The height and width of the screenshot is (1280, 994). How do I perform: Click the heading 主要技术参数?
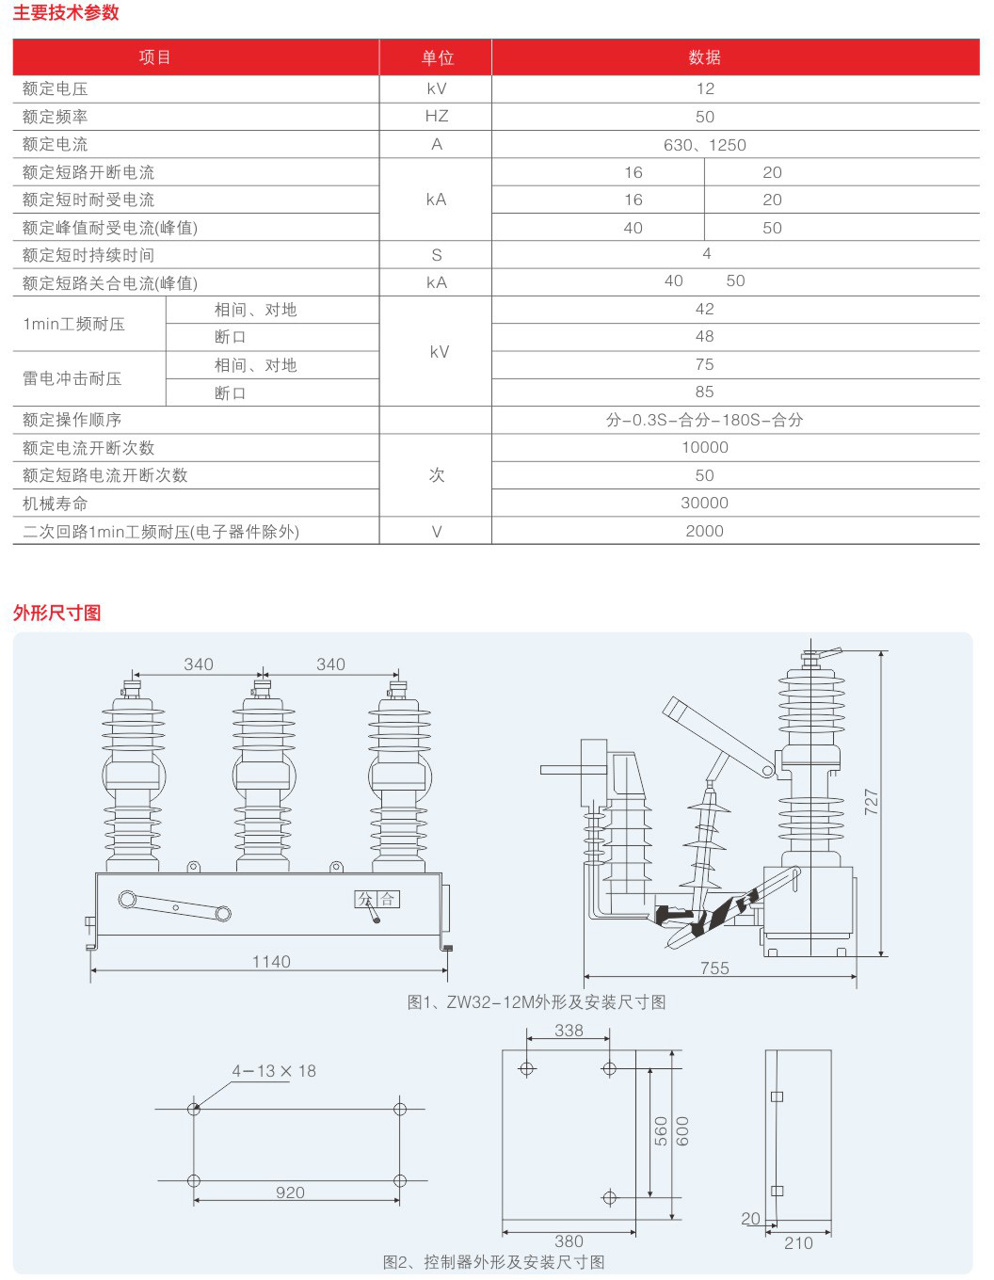point(66,13)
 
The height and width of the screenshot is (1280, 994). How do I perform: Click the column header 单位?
point(437,57)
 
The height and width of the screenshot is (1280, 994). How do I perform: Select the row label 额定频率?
point(56,117)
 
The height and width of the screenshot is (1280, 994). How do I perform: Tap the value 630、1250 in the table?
point(704,145)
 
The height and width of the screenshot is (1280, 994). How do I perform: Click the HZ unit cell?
point(436,116)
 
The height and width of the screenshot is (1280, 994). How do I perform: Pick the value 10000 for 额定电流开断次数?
point(704,448)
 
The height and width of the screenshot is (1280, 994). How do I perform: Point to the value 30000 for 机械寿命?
point(704,504)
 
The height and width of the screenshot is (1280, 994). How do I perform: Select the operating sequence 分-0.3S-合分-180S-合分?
point(704,420)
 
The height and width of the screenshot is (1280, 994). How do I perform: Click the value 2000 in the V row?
point(704,532)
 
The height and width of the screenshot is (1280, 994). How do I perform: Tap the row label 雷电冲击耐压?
point(72,379)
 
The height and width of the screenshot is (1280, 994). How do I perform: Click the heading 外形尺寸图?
point(56,613)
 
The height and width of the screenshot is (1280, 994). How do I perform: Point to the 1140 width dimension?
point(271,962)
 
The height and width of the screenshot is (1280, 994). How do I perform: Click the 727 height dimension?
point(872,802)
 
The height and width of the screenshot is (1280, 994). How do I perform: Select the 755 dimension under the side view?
point(714,968)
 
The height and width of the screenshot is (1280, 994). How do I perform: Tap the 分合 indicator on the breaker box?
point(377,900)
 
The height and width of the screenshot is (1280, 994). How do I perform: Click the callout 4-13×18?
point(274,1071)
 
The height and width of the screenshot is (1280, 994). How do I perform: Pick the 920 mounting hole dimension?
point(290,1192)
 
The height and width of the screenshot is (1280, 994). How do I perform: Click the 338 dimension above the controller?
point(569,1031)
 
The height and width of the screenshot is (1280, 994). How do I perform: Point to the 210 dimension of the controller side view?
point(798,1243)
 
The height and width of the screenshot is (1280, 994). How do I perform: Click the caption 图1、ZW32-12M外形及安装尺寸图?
point(537,1002)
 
